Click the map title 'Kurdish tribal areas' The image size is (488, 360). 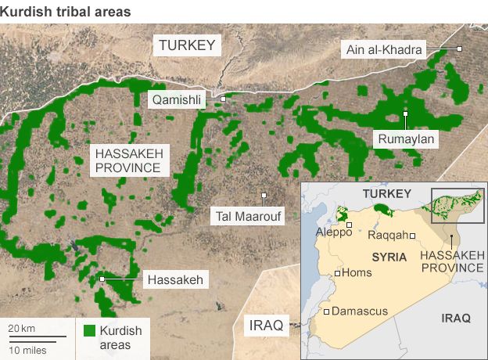coord(66,12)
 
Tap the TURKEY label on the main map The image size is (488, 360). coord(186,45)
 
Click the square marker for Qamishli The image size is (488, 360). coord(223,99)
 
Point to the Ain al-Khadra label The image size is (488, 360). coord(384,50)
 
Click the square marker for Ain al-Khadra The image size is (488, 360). coord(460,49)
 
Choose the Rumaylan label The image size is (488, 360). coord(405,139)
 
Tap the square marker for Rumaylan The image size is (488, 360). coord(405,114)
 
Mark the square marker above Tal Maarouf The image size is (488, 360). coord(264,196)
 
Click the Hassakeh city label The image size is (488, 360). coord(174,279)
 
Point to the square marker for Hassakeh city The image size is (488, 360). coord(102,279)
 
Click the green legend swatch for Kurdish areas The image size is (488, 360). coord(89,331)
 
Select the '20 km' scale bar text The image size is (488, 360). coord(20,327)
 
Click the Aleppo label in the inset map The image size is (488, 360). coord(329,232)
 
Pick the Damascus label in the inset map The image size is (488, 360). coord(360,311)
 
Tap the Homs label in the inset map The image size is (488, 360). coord(357,273)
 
